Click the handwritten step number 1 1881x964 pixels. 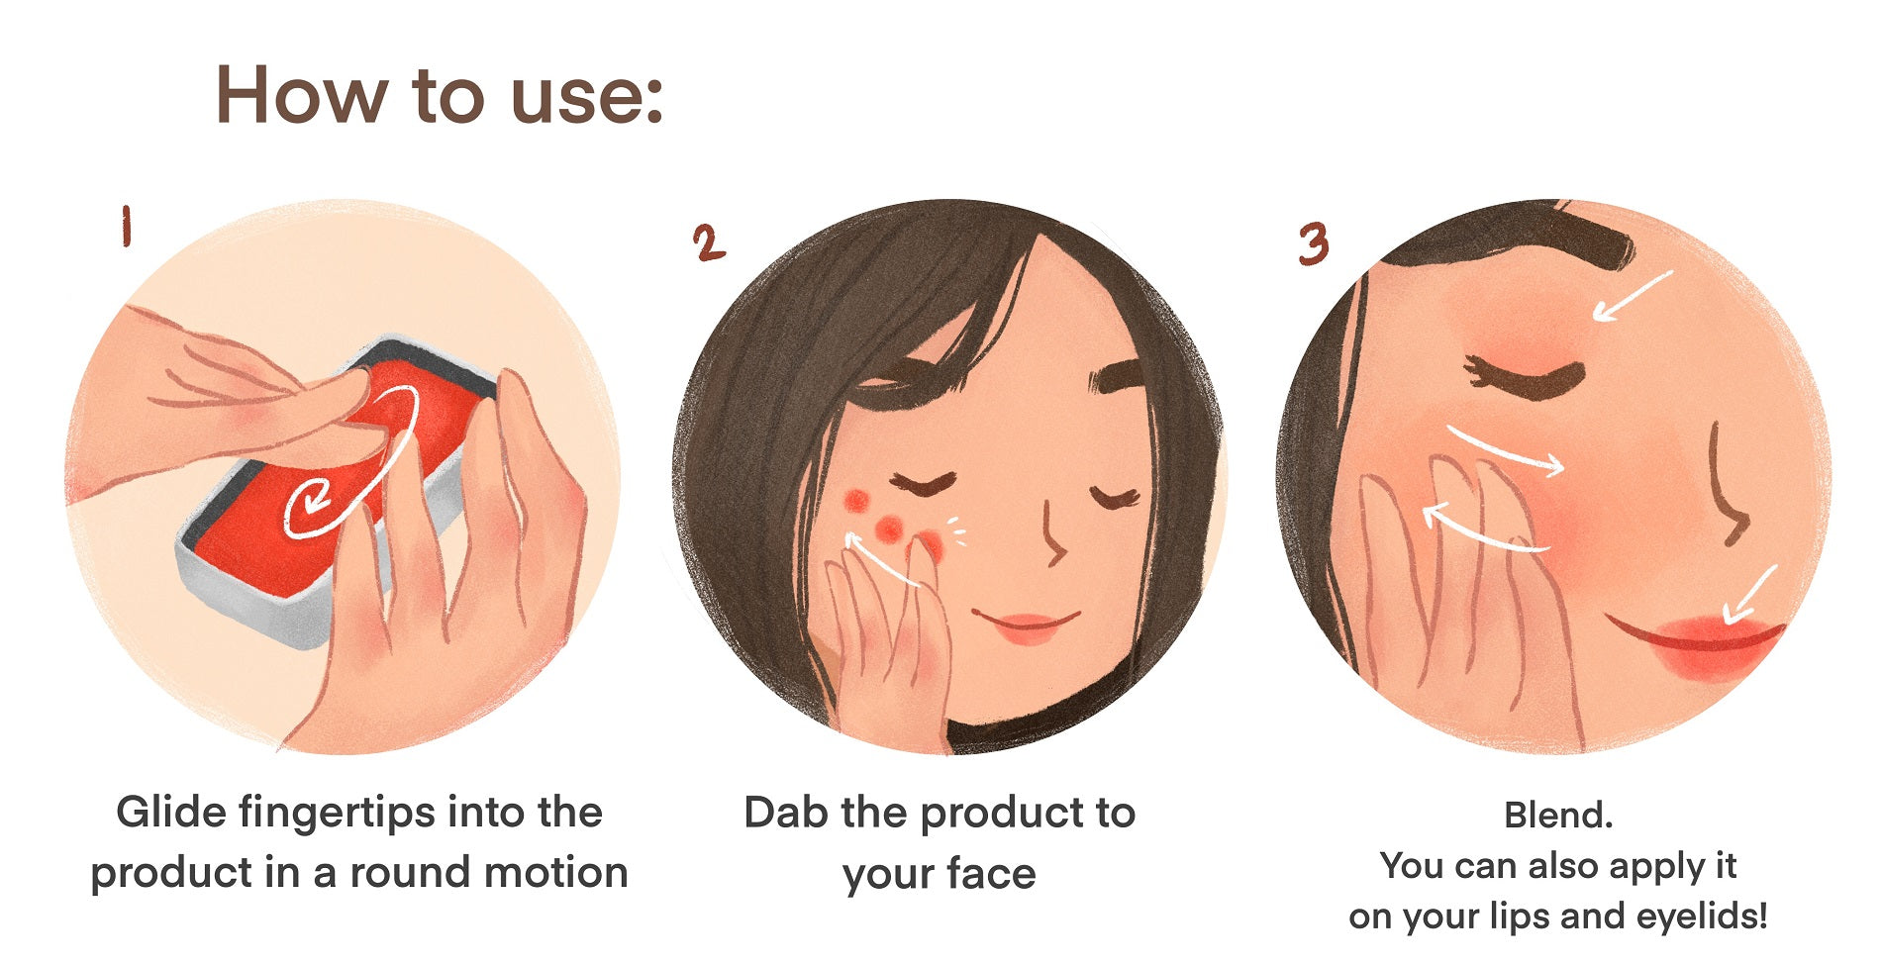click(126, 227)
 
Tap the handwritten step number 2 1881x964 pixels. click(709, 243)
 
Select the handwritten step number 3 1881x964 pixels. click(1313, 243)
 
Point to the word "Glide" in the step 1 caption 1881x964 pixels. click(171, 813)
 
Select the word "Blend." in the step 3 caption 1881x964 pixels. click(1558, 816)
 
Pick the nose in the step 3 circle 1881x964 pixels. click(1728, 485)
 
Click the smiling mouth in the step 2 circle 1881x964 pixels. click(1025, 626)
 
